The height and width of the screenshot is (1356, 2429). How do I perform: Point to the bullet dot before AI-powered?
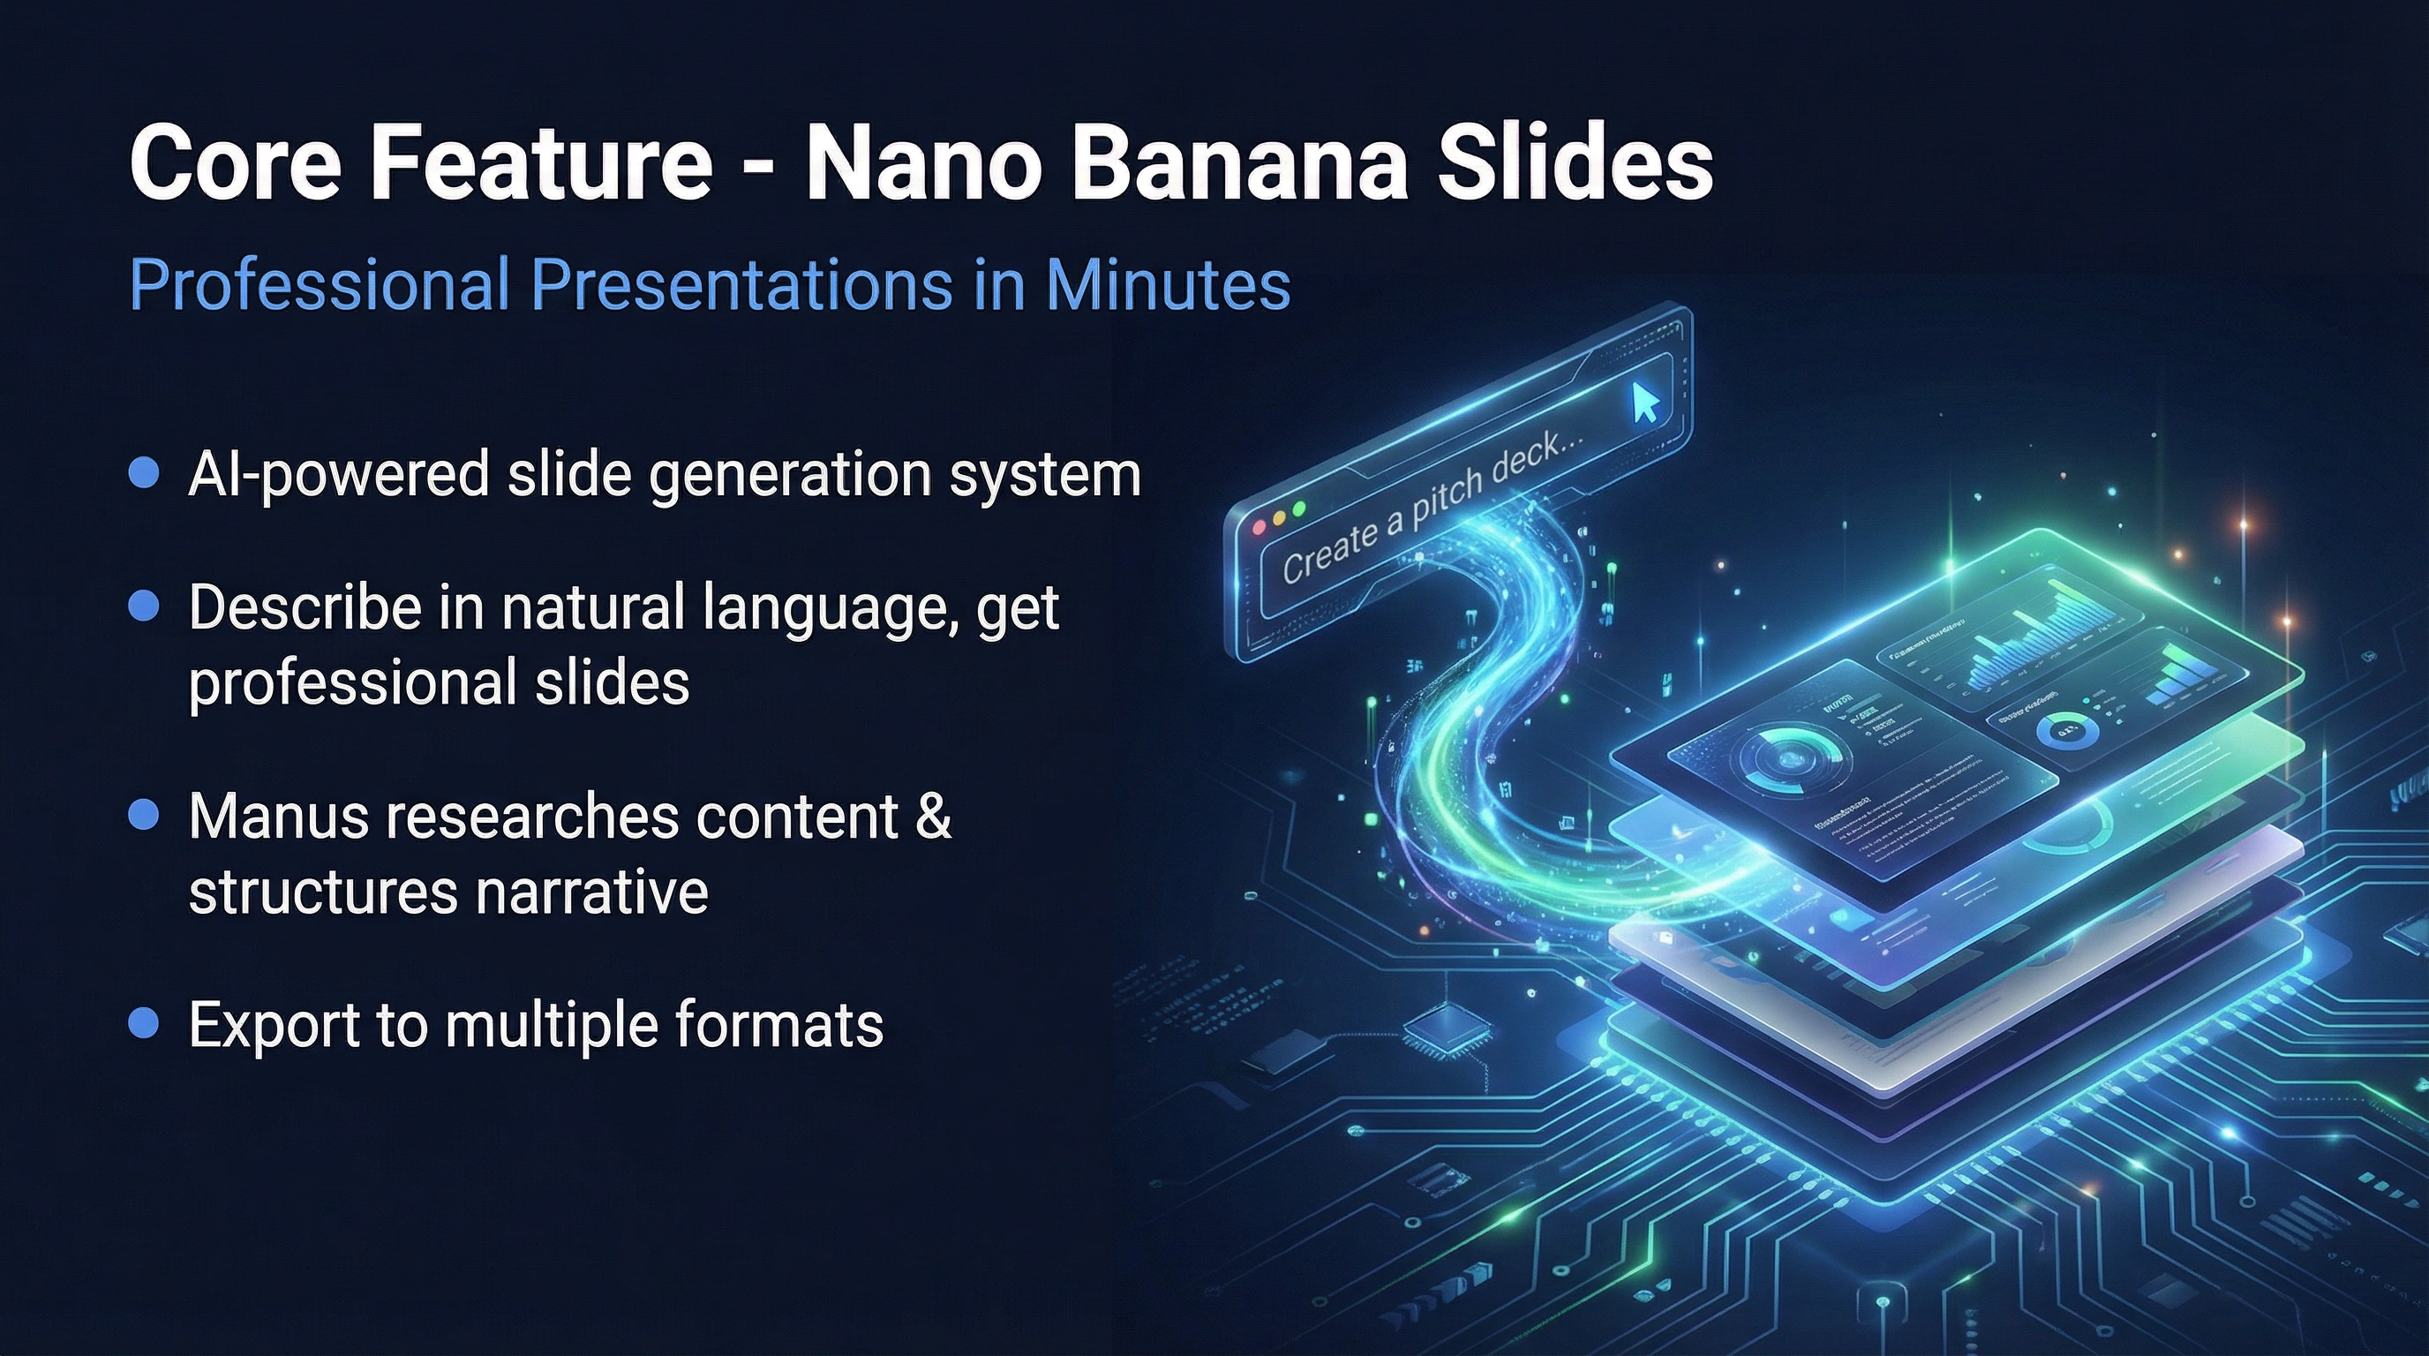(x=143, y=472)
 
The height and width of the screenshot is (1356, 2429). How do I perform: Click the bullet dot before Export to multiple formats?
(x=143, y=1023)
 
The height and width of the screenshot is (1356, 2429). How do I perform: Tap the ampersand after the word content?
(x=934, y=816)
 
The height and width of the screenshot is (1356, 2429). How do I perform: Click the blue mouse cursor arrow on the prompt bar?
(x=1644, y=403)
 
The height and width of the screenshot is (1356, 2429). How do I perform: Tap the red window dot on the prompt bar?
(x=1258, y=527)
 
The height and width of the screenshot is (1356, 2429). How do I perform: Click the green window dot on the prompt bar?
(x=1299, y=509)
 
